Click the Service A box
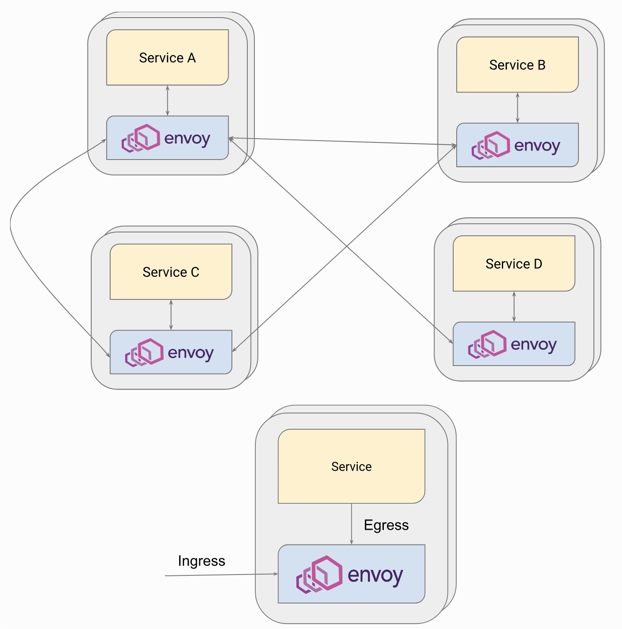(x=167, y=57)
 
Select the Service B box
(x=517, y=64)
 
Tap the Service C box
(x=171, y=272)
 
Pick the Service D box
(x=514, y=263)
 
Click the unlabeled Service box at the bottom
(x=351, y=466)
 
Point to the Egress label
(x=386, y=525)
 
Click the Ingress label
(x=201, y=561)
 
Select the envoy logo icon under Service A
(x=141, y=138)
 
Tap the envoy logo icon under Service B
(x=491, y=145)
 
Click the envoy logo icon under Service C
(x=144, y=352)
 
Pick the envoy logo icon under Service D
(x=487, y=344)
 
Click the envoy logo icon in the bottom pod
(x=319, y=574)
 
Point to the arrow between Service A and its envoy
(x=167, y=101)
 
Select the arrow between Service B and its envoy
(x=517, y=108)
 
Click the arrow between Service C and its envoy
(x=171, y=315)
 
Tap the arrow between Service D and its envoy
(x=514, y=307)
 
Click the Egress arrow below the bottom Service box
(x=352, y=523)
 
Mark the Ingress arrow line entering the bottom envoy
(x=222, y=575)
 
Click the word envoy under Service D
(x=534, y=345)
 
